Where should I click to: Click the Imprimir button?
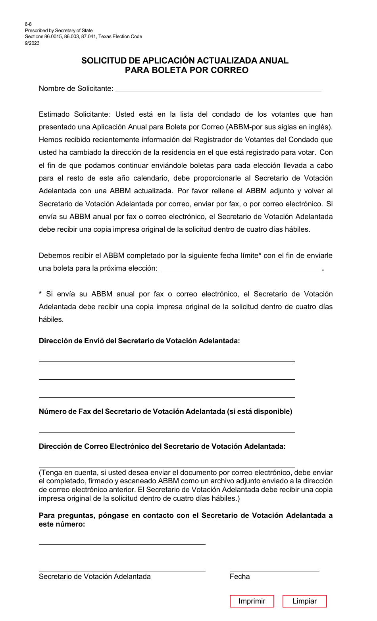252,601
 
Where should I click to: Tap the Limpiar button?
304,601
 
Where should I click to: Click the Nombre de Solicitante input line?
218,88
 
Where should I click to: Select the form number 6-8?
28,24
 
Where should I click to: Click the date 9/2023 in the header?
32,43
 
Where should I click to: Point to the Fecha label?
240,577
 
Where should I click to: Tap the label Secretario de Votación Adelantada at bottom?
94,577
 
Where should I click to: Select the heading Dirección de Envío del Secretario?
139,341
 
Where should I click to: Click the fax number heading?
165,411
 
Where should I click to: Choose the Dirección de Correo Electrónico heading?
162,446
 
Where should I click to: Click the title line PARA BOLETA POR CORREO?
187,70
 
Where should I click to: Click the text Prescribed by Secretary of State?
59,31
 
